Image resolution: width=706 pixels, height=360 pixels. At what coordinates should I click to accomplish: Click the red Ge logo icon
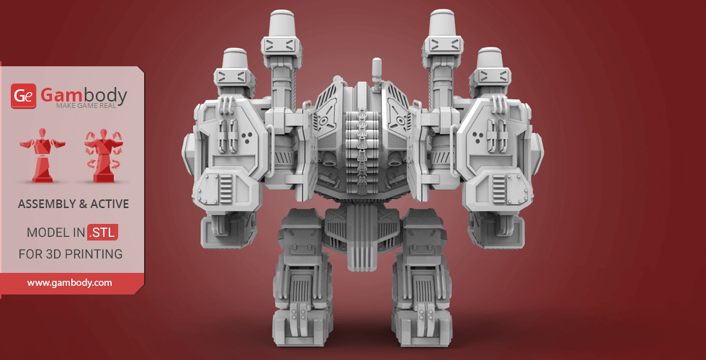(x=23, y=96)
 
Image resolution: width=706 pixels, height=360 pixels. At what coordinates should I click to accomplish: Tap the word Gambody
(x=83, y=94)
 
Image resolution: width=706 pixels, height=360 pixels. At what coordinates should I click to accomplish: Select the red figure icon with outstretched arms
(x=40, y=156)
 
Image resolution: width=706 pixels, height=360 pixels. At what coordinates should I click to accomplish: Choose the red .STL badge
(x=103, y=233)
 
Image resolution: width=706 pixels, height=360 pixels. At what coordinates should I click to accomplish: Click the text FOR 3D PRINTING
(x=70, y=254)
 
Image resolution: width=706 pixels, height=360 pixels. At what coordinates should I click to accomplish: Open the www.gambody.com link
(x=70, y=283)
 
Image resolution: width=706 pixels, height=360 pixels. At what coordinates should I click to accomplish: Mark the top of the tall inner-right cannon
(x=446, y=22)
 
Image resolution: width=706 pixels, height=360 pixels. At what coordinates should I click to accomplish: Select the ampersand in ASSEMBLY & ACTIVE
(x=83, y=204)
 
